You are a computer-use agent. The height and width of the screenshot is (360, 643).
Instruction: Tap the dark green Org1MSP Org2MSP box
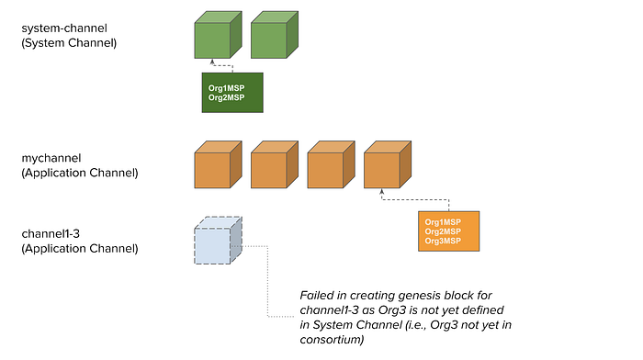coord(232,93)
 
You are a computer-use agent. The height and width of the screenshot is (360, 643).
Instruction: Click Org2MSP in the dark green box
coord(227,98)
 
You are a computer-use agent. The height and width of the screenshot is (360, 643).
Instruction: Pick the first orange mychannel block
coord(217,166)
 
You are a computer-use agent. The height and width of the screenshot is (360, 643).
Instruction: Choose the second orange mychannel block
coord(273,166)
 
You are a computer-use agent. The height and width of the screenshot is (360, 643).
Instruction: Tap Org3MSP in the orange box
coord(443,242)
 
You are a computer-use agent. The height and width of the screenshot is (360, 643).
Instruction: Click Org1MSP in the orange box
coord(443,221)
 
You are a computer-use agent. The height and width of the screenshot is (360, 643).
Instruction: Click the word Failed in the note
coord(318,295)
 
